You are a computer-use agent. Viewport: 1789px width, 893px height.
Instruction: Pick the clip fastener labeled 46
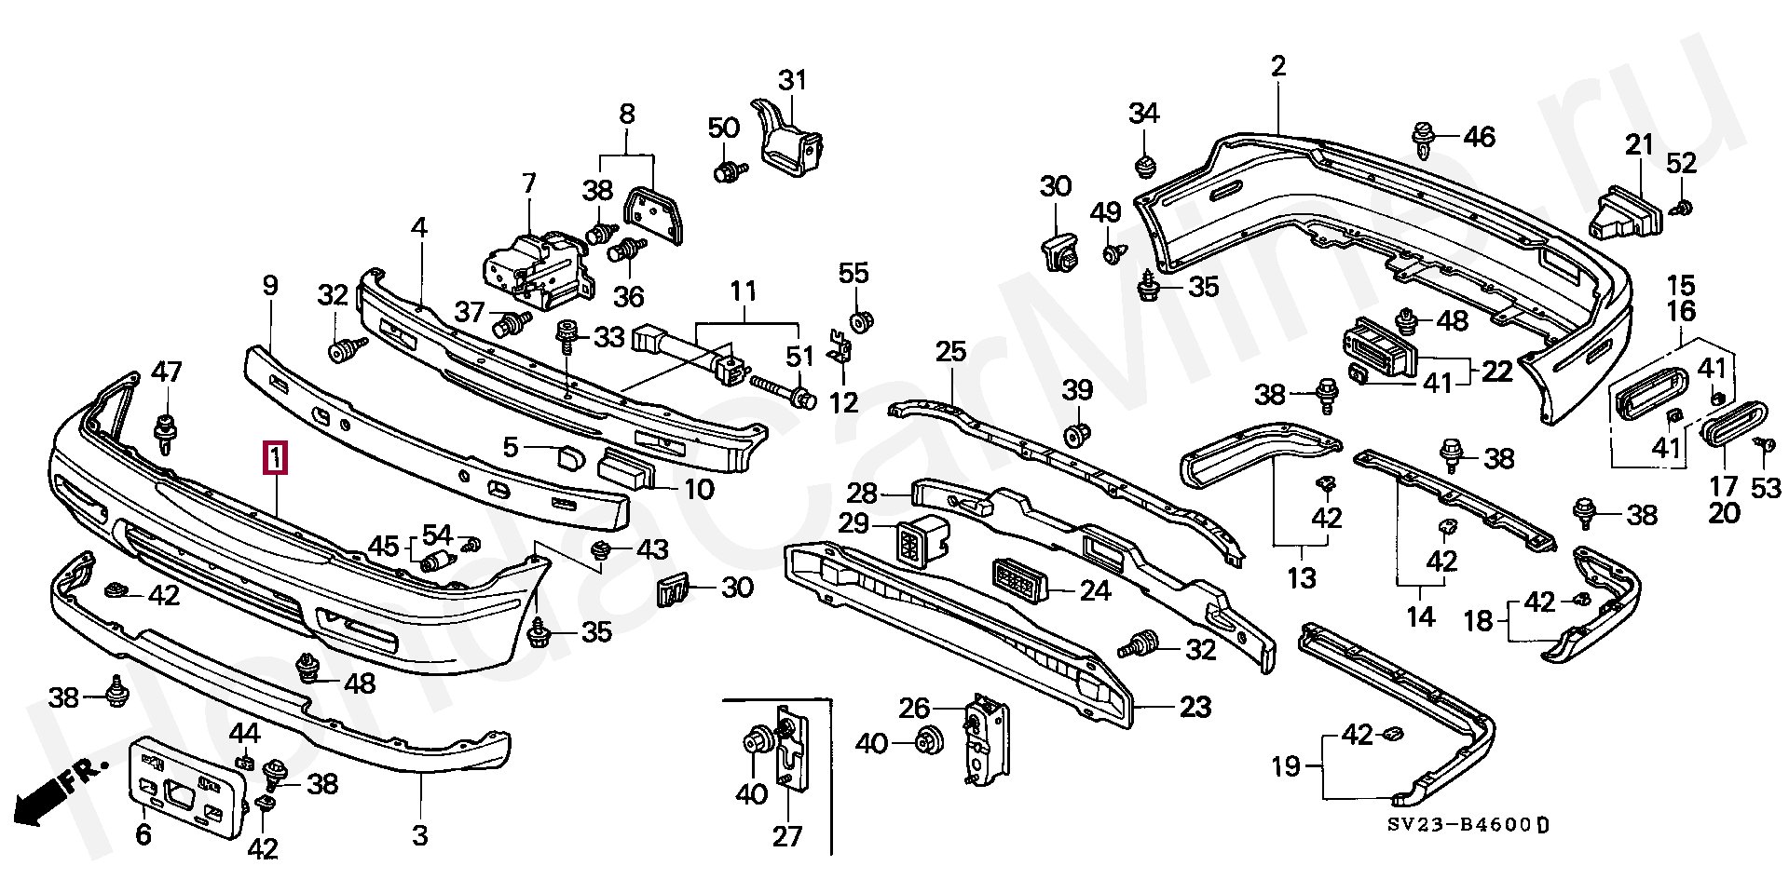click(x=1423, y=137)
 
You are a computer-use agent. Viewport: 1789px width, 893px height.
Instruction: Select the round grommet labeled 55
click(x=862, y=320)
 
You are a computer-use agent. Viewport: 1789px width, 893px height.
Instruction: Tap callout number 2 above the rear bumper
click(x=1277, y=66)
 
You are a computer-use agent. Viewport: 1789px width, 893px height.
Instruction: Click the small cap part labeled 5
click(x=568, y=459)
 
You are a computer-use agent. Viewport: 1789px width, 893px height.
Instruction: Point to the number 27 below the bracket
click(x=787, y=836)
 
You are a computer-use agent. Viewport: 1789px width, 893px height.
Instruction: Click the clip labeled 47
click(x=165, y=432)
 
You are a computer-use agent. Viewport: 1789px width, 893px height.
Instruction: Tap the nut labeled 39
click(x=1078, y=434)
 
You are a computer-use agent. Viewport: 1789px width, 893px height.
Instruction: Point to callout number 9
click(x=269, y=285)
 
